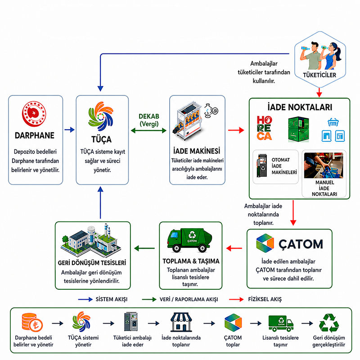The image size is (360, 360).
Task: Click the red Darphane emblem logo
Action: [x=34, y=114]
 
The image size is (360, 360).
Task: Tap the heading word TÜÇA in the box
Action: [x=102, y=139]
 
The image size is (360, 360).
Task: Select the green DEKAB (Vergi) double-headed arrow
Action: [x=148, y=130]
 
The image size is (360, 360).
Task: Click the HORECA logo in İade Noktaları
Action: [x=264, y=128]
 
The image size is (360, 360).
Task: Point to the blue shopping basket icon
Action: [x=333, y=122]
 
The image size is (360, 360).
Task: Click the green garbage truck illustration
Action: [x=189, y=240]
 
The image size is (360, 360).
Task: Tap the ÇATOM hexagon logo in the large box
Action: [x=265, y=243]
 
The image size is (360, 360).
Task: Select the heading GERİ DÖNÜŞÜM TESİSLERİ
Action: [x=92, y=263]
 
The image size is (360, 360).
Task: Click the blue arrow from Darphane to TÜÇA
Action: [x=69, y=130]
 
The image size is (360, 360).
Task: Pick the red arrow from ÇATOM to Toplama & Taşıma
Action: [x=234, y=248]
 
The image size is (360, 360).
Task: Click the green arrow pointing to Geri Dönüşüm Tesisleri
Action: [x=144, y=248]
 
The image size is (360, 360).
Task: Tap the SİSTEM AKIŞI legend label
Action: [x=111, y=299]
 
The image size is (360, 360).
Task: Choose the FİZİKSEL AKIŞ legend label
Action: [x=265, y=299]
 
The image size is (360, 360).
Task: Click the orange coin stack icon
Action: [x=32, y=322]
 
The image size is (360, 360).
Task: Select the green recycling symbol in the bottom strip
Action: [x=329, y=323]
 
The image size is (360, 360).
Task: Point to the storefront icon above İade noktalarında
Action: [x=181, y=322]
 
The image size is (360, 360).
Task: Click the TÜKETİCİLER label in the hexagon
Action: [x=319, y=75]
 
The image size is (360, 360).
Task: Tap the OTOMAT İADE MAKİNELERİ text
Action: [x=284, y=166]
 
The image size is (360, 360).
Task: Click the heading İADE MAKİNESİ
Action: [x=197, y=151]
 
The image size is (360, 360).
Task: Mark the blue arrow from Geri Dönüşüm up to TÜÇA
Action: [x=100, y=202]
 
